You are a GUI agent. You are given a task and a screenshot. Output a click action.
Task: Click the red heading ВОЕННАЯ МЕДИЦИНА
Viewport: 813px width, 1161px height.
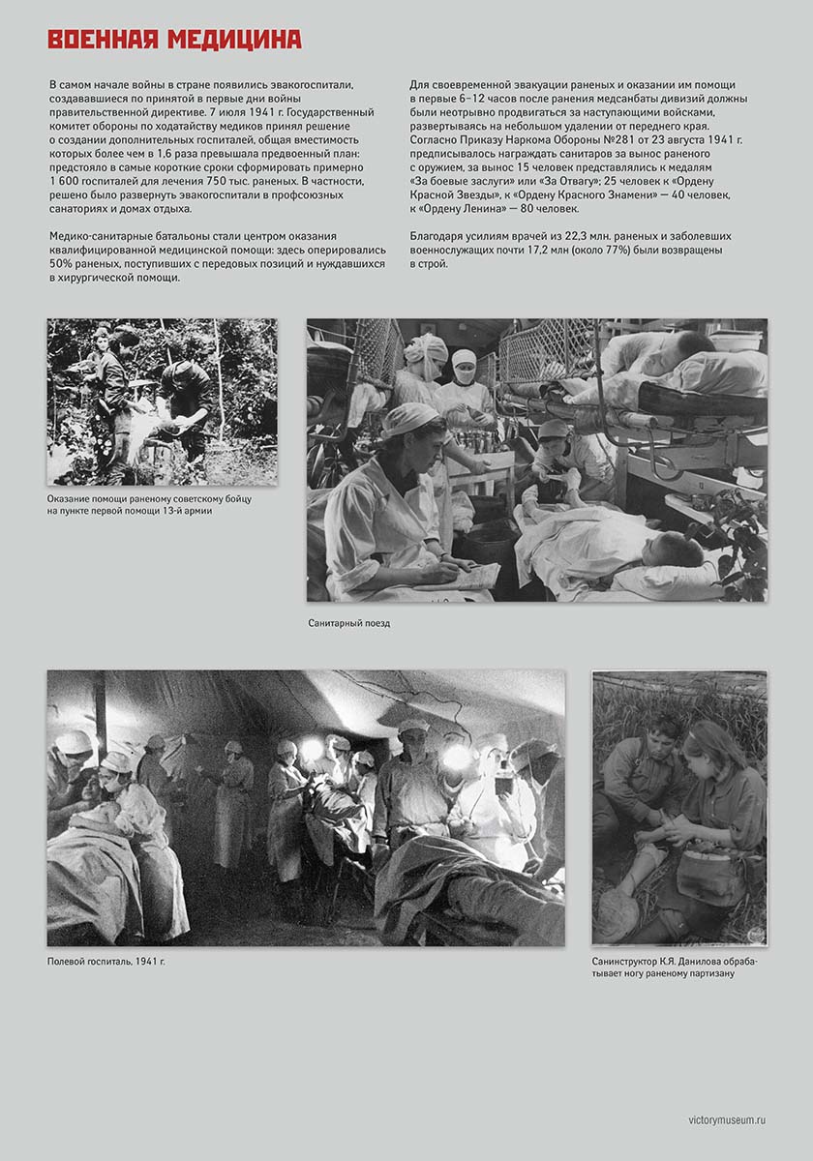coord(174,40)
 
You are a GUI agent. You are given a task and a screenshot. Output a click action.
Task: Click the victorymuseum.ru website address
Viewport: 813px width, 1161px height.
coord(727,1119)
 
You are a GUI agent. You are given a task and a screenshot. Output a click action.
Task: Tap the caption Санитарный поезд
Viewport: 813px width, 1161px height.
coord(348,624)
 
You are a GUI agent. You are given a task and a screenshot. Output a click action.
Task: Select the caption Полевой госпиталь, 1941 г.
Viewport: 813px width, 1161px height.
coord(106,962)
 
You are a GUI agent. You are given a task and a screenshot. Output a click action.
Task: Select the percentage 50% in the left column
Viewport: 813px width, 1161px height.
coord(61,263)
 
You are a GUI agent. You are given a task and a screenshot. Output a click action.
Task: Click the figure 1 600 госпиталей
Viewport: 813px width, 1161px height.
coord(96,181)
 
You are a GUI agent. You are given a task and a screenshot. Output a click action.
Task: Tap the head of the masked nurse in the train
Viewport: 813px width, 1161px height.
coord(465,365)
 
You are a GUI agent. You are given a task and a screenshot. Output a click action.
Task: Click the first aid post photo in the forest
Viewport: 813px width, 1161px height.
coord(162,402)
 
